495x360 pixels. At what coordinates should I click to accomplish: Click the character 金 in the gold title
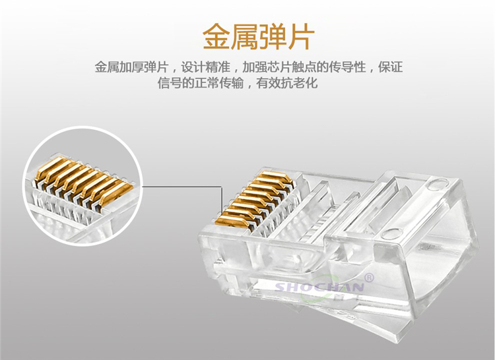tap(216, 36)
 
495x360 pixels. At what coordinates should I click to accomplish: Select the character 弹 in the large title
tap(273, 36)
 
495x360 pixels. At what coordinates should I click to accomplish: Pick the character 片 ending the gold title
tap(301, 36)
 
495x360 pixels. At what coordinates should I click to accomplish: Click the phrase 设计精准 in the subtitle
tap(205, 67)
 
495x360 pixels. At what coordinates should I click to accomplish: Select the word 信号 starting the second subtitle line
tap(170, 82)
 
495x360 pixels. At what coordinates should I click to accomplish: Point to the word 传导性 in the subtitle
tap(348, 67)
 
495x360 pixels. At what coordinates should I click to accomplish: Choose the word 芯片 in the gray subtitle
tap(279, 67)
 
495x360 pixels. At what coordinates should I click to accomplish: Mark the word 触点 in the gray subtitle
tap(304, 67)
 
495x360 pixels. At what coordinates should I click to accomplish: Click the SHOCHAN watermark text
tap(319, 287)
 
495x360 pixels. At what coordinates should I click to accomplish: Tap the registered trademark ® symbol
tap(369, 278)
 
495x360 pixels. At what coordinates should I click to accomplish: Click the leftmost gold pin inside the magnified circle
tap(51, 169)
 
